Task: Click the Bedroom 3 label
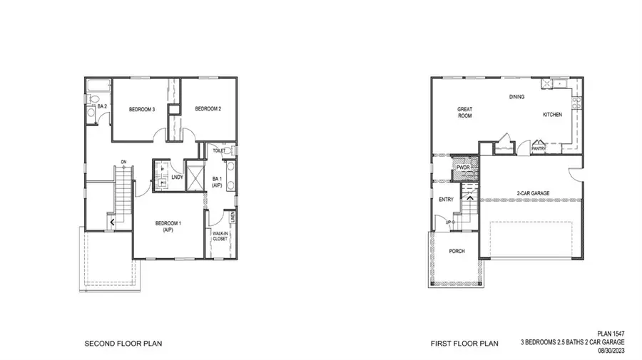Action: coord(142,109)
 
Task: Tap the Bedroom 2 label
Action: coord(208,109)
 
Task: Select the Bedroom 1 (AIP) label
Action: coord(169,227)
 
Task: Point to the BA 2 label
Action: coord(101,106)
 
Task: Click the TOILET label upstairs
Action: coord(219,151)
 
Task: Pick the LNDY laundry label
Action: coord(178,177)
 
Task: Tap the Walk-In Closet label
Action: coord(220,236)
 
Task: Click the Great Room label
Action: coord(465,112)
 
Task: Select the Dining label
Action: coord(517,97)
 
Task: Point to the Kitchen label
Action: coord(553,114)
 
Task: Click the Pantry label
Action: coord(538,149)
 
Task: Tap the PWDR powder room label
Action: coord(463,168)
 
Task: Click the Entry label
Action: coord(447,200)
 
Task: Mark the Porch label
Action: coord(457,251)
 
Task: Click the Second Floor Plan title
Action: coord(123,344)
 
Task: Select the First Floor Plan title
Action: coord(463,344)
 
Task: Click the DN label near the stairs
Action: coord(124,161)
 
